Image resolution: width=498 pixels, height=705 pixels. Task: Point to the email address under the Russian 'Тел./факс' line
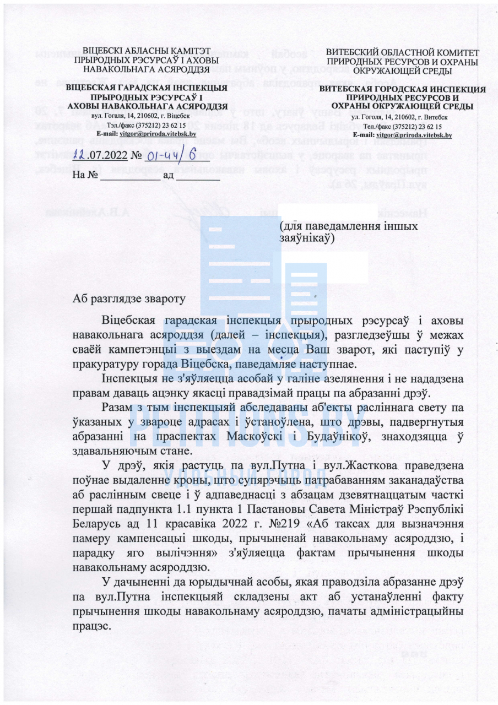[419, 134]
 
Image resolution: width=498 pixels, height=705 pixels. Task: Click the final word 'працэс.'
[91, 626]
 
